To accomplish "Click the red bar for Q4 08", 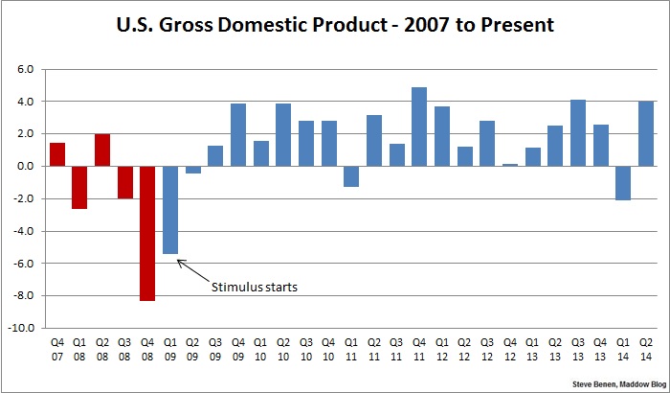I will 147,233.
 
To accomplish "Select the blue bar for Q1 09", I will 170,210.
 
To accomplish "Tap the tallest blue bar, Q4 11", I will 419,127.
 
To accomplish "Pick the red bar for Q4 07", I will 56,154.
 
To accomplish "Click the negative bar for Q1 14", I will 623,183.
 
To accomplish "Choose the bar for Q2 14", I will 646,133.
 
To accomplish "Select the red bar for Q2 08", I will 102,150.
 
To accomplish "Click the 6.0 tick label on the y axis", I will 24,69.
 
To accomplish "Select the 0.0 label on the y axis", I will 24,166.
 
